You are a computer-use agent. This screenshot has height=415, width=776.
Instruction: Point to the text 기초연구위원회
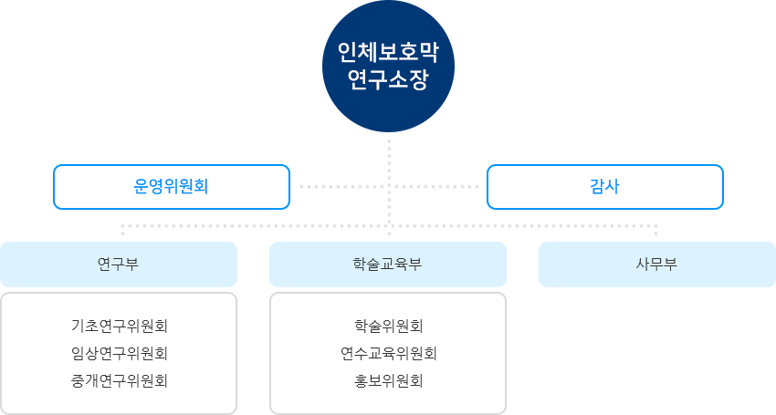pyautogui.click(x=119, y=325)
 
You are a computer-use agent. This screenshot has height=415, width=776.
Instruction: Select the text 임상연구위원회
pyautogui.click(x=119, y=353)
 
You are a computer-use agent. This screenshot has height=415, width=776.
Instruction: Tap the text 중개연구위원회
pyautogui.click(x=119, y=381)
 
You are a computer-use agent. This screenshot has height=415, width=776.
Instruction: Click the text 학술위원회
pyautogui.click(x=388, y=325)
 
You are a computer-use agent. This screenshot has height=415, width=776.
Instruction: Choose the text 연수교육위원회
pyautogui.click(x=388, y=353)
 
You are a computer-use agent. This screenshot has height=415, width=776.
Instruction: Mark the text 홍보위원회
pyautogui.click(x=388, y=381)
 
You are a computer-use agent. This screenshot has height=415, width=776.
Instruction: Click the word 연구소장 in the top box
pyautogui.click(x=388, y=80)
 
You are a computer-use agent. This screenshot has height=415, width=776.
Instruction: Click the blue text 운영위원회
pyautogui.click(x=172, y=187)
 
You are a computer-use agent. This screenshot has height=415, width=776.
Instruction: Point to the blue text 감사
pyautogui.click(x=604, y=187)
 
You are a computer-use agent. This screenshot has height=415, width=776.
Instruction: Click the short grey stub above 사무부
pyautogui.click(x=655, y=230)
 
